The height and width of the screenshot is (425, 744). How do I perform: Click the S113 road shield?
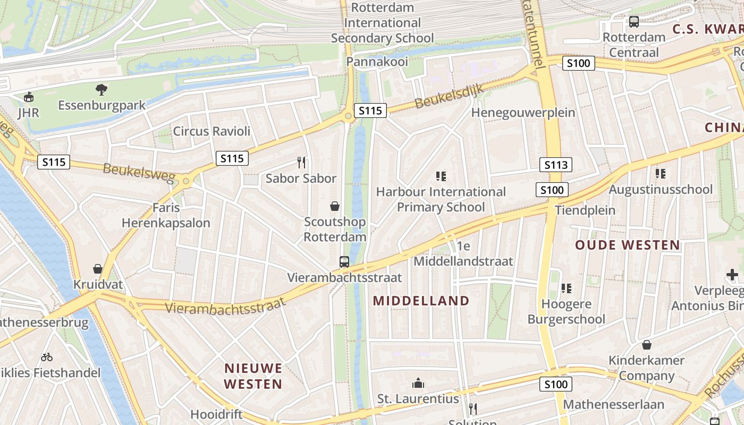[556, 165]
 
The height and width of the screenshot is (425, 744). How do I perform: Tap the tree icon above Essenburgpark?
[102, 89]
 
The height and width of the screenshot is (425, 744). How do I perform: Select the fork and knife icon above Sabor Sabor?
[301, 162]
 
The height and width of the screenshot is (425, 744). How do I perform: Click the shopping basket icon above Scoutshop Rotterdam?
[335, 206]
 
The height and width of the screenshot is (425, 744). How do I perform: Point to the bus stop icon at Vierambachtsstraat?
[344, 261]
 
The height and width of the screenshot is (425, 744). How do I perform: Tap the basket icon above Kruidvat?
[98, 269]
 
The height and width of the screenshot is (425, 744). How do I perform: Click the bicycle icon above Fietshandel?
[47, 357]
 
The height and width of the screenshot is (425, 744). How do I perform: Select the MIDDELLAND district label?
[421, 301]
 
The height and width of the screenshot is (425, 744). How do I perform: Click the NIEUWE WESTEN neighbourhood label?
[253, 376]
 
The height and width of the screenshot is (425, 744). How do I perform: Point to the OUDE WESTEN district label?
[628, 245]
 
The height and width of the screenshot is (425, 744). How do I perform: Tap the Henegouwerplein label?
[523, 113]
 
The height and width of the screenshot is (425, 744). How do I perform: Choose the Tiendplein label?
[585, 210]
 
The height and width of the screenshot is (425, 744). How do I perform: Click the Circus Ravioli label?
[212, 131]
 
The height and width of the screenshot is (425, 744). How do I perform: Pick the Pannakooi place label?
[373, 62]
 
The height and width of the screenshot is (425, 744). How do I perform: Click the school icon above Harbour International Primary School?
[441, 176]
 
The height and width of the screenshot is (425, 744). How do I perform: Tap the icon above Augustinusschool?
[661, 174]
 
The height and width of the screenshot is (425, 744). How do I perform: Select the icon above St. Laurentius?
[418, 383]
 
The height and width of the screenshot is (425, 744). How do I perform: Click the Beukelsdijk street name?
[449, 96]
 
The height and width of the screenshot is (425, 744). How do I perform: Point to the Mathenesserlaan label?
[613, 404]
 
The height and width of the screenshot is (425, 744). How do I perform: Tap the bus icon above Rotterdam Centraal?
[633, 22]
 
